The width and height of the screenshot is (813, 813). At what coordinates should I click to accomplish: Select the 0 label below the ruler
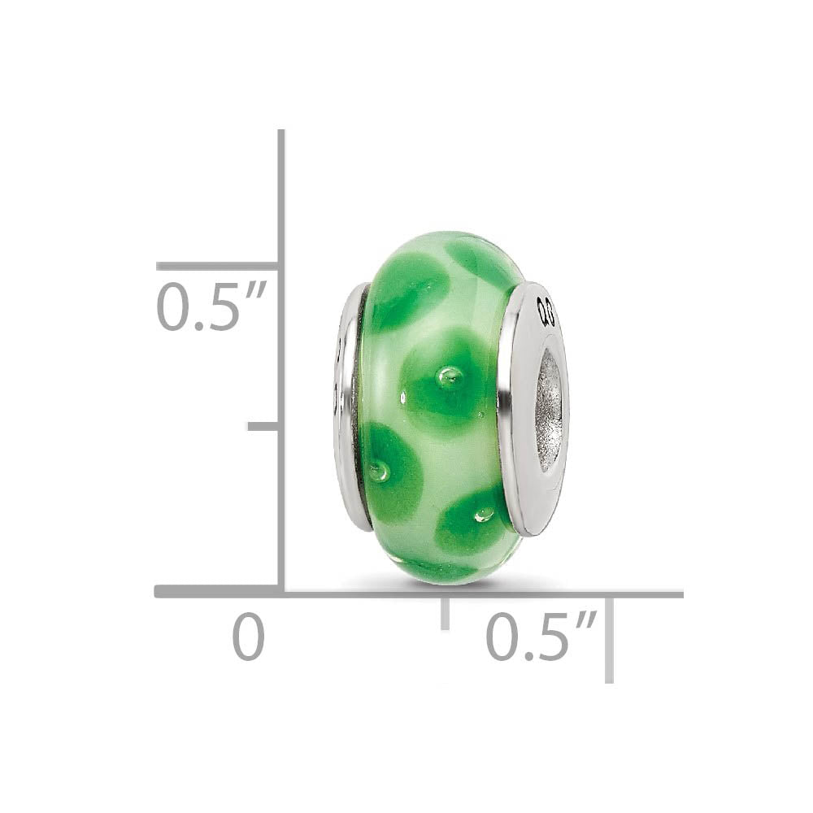(x=249, y=637)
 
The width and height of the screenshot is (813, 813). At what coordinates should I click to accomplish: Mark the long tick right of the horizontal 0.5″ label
(x=609, y=638)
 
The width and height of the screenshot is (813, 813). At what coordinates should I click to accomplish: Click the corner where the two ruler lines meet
(x=280, y=592)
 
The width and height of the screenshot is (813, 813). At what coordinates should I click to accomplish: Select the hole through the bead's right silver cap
(x=550, y=411)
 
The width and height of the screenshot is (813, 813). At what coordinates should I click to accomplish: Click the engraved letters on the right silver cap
(x=546, y=311)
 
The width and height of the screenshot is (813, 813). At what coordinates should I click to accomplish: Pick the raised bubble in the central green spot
(x=449, y=376)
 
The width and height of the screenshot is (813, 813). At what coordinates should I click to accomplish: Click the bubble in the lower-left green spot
(x=379, y=472)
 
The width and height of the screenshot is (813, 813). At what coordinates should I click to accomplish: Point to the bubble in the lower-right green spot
(x=485, y=514)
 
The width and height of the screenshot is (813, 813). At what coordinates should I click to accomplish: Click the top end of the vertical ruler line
(x=280, y=133)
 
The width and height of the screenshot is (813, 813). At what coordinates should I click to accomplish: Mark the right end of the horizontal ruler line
(x=680, y=594)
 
